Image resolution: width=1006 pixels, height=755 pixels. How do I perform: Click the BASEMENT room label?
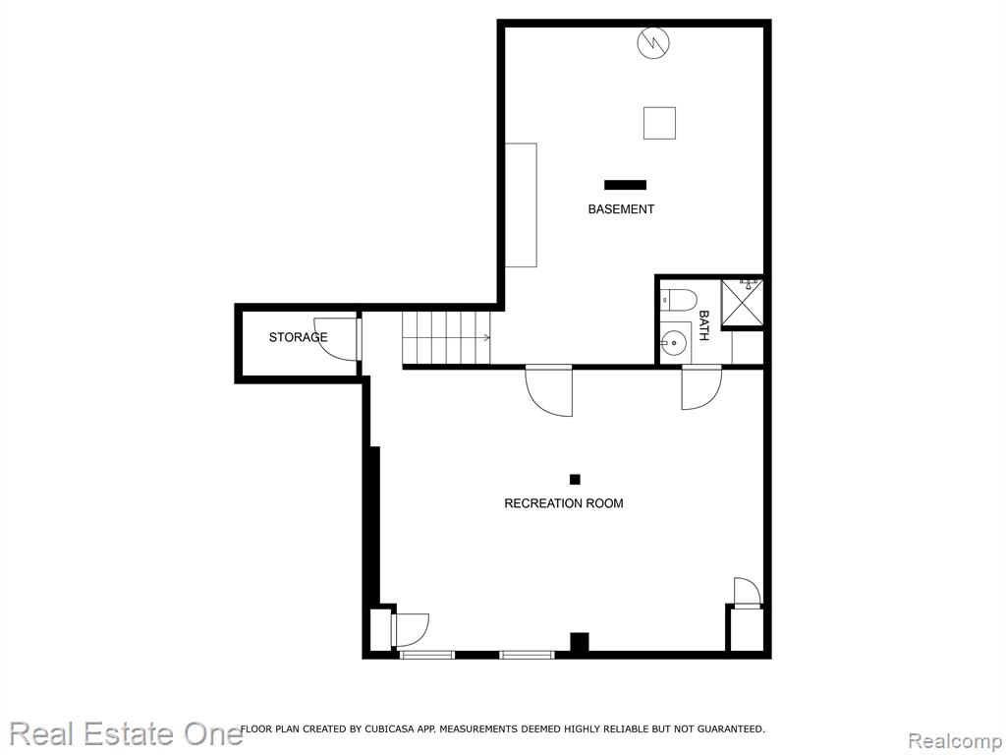tap(621, 209)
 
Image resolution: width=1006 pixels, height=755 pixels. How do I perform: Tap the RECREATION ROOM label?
tap(563, 503)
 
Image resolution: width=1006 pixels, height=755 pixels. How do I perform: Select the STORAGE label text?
tap(298, 337)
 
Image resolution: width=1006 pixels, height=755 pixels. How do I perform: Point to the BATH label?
tap(703, 325)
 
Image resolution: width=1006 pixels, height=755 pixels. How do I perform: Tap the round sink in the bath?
tap(674, 343)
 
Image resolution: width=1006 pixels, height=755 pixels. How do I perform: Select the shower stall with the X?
tap(742, 303)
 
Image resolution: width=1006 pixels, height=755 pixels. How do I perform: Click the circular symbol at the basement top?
tap(653, 43)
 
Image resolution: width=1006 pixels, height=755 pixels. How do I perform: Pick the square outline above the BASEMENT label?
tap(659, 123)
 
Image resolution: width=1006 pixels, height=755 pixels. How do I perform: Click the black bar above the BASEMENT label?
tap(625, 185)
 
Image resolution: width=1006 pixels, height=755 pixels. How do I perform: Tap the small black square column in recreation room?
tap(575, 479)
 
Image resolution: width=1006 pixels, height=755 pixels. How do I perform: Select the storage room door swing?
tap(336, 338)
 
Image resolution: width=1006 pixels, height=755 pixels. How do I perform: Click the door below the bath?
tap(701, 387)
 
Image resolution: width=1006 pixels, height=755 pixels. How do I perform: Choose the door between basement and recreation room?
tap(548, 390)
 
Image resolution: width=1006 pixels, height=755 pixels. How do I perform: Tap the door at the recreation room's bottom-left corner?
tap(410, 630)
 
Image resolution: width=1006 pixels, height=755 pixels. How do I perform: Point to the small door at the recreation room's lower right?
tap(747, 592)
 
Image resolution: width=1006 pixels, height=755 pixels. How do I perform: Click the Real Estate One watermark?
tap(126, 733)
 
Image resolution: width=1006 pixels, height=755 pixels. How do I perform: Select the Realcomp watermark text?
tap(956, 740)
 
